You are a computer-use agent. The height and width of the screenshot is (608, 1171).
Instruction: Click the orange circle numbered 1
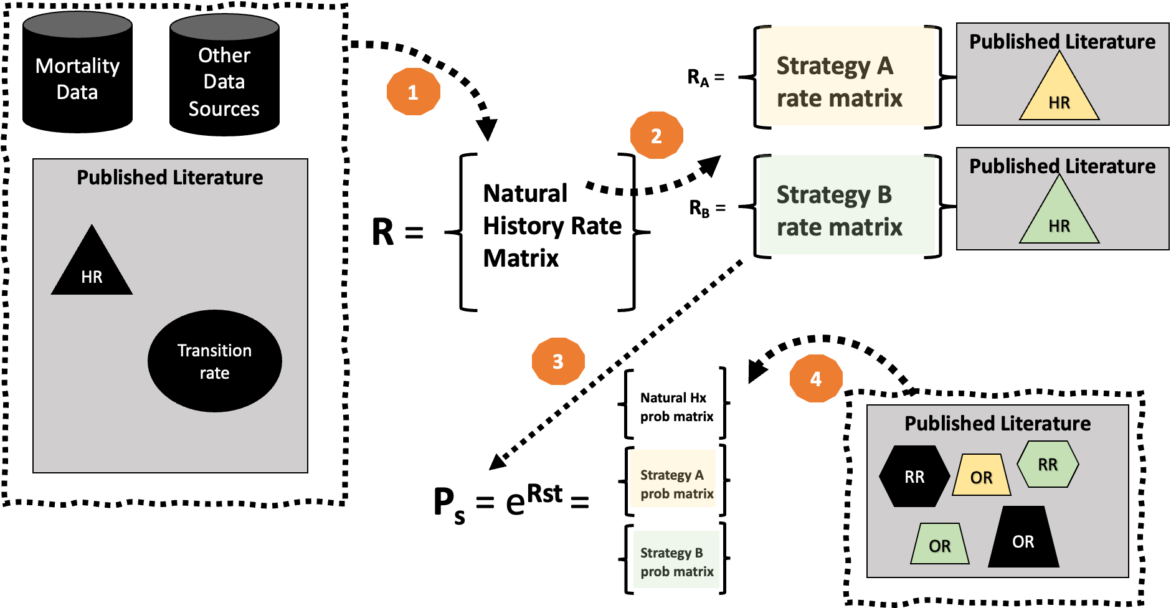[413, 92]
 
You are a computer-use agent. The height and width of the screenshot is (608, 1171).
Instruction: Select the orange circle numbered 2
[657, 136]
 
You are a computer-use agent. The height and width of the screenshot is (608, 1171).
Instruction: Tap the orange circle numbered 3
[558, 361]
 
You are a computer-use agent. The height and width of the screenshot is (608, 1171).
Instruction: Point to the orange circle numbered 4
[816, 379]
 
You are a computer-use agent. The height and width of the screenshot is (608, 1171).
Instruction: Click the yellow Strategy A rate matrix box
[847, 76]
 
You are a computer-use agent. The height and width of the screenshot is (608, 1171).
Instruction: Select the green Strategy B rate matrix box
[847, 205]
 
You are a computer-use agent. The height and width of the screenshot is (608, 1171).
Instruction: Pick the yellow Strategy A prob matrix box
[673, 478]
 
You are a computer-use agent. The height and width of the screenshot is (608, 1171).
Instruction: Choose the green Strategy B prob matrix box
[676, 559]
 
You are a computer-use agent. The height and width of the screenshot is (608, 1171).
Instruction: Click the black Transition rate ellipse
[215, 361]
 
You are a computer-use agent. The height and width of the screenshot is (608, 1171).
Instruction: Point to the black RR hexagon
[914, 477]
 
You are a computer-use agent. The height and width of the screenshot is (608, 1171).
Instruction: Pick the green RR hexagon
[1048, 464]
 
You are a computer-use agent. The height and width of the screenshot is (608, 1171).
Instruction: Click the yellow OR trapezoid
[981, 476]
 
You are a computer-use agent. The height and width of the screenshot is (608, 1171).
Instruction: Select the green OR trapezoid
[940, 544]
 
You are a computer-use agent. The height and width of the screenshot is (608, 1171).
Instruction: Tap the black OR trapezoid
[1023, 539]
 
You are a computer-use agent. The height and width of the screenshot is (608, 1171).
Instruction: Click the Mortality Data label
[77, 78]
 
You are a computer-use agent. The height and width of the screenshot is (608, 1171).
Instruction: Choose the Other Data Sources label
[224, 82]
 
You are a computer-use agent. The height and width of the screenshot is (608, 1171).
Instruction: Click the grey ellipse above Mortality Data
[77, 25]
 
